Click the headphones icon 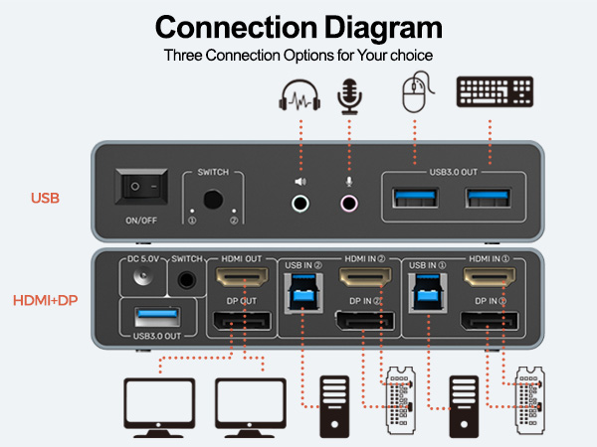[298, 97]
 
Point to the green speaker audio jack [299, 205]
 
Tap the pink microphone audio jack [349, 205]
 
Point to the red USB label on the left [45, 198]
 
